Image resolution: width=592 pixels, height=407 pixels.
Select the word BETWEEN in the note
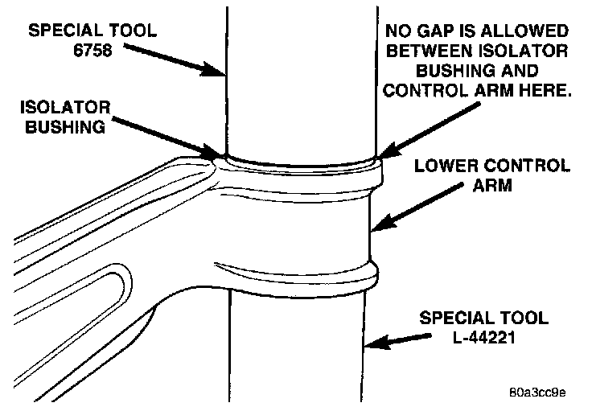click(x=430, y=51)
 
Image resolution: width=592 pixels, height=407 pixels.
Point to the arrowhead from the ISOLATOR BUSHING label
click(x=216, y=152)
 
